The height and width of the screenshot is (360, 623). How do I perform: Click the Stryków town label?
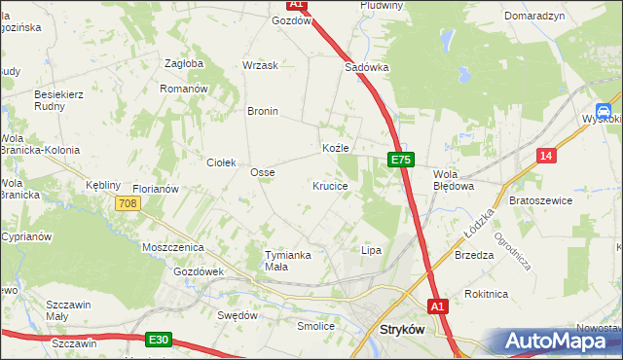399,330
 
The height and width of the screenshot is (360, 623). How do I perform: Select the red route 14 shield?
547,155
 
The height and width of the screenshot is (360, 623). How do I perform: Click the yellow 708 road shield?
127,203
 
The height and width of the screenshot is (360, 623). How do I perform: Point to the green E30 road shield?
160,340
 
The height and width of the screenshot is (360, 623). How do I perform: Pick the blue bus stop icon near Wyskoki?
604,111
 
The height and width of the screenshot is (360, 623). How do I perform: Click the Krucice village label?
331,185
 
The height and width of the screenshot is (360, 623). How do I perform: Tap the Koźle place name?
335,148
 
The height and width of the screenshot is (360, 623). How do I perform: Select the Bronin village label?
263,111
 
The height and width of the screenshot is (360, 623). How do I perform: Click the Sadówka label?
367,68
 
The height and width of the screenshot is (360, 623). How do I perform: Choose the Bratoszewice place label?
540,199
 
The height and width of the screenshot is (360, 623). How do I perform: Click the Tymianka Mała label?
288,260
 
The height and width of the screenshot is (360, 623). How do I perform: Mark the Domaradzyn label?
534,17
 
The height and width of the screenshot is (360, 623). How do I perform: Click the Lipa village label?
371,250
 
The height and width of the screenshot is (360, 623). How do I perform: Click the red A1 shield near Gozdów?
298,5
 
